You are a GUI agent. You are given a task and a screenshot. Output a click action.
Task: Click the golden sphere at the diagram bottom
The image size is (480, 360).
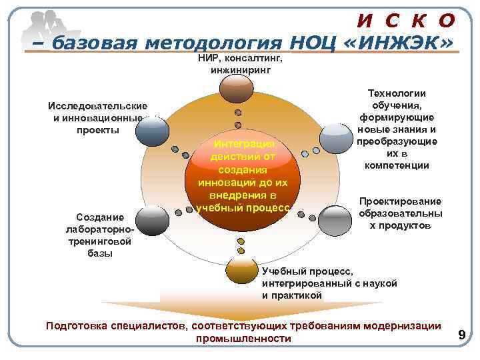241,268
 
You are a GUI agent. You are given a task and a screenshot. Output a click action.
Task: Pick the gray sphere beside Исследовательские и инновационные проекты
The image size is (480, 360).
152,130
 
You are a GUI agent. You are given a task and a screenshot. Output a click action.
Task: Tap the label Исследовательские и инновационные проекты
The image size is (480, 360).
97,117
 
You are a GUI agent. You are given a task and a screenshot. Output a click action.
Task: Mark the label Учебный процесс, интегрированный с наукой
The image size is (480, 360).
329,283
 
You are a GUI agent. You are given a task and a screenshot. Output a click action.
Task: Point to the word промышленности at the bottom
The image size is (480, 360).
243,339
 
